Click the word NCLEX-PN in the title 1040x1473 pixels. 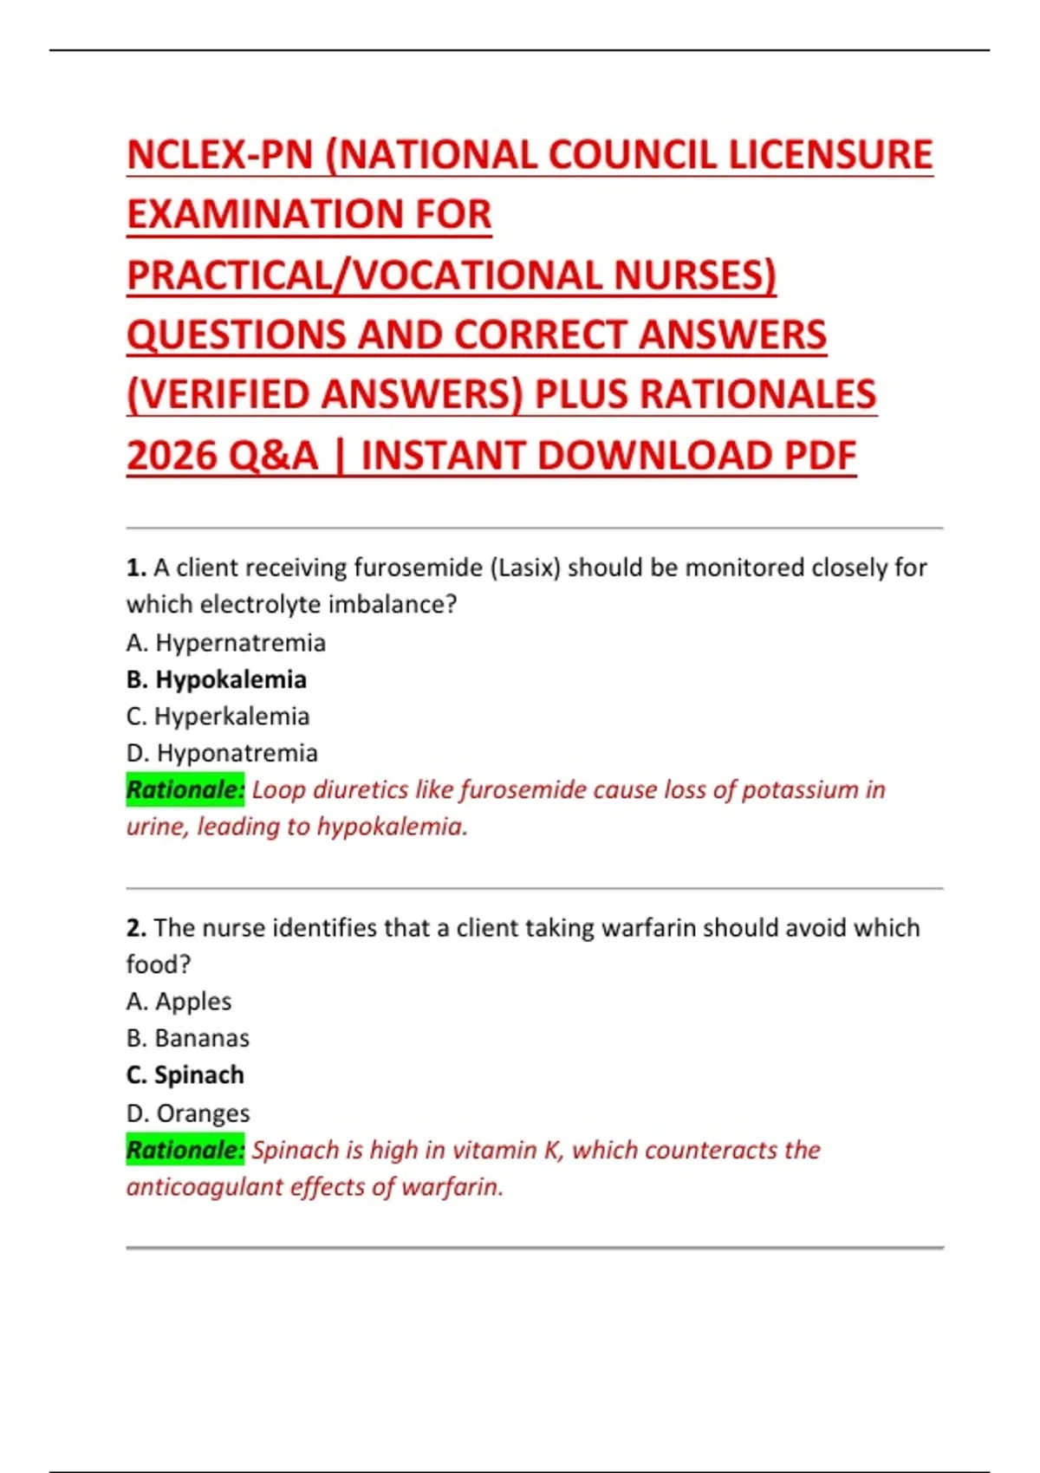[219, 155]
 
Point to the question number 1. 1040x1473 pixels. [135, 568]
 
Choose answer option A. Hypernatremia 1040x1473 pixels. [225, 643]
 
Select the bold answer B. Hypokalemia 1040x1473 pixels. [216, 679]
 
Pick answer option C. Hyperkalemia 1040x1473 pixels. [218, 717]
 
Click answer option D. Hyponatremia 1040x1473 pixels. [222, 753]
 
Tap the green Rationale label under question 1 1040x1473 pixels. [185, 789]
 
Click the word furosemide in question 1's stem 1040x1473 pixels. [419, 568]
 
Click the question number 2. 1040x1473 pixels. [135, 928]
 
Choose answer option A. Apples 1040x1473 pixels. [179, 1002]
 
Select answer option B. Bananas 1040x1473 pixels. [187, 1038]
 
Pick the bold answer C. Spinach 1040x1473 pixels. [185, 1075]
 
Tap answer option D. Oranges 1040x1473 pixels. [187, 1113]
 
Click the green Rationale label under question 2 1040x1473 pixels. [185, 1150]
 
